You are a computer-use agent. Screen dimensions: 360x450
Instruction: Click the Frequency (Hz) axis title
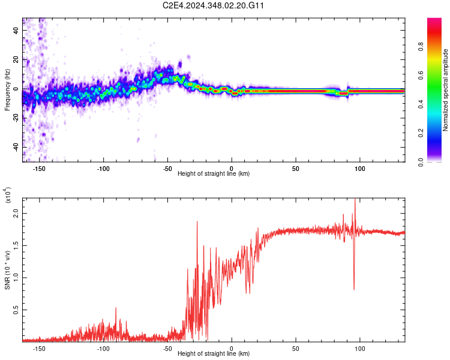coord(7,90)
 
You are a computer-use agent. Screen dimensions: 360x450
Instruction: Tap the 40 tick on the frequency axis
coord(16,30)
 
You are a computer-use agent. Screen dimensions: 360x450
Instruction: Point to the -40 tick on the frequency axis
coord(14,147)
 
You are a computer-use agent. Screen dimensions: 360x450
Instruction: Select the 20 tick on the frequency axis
coord(16,59)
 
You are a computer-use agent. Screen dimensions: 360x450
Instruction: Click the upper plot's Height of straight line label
coord(214,174)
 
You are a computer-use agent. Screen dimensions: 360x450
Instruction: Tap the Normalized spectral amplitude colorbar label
coord(445,90)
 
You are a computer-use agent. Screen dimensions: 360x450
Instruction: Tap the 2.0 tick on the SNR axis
coord(16,214)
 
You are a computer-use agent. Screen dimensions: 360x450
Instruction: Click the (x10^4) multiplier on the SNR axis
coord(7,196)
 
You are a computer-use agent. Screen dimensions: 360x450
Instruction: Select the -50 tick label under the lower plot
coord(167,348)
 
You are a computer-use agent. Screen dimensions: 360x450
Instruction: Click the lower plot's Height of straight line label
coord(214,354)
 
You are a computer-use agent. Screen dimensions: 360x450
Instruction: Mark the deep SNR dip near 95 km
coord(354,289)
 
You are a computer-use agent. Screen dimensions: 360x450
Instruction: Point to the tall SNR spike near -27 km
coord(197,222)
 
